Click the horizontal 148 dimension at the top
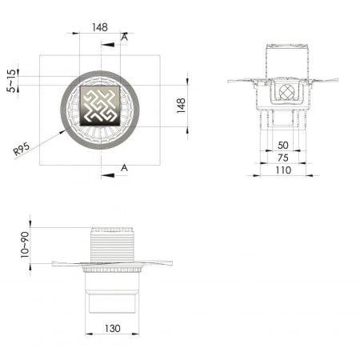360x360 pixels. coord(100,26)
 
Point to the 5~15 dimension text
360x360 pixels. coord(10,80)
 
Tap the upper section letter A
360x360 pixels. coord(124,37)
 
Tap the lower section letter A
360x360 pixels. coord(124,166)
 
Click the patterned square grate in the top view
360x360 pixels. coord(100,105)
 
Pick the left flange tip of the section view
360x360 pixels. coord(231,80)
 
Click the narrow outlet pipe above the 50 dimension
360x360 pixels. coord(282,120)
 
